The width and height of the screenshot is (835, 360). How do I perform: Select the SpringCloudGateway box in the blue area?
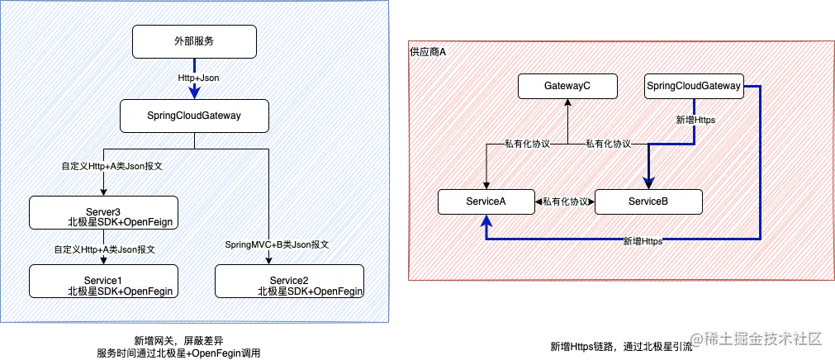(194, 116)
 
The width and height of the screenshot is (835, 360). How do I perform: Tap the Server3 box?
(102, 212)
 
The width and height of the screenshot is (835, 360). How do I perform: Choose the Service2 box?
(289, 281)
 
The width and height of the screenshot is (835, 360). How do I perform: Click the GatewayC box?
(567, 85)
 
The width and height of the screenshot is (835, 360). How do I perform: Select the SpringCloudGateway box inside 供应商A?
(693, 85)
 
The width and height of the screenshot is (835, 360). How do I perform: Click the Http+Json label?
(198, 78)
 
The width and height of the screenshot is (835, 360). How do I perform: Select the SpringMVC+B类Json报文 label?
(278, 245)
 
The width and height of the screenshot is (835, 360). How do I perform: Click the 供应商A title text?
(428, 52)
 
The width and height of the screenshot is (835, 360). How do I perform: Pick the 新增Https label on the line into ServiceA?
(643, 241)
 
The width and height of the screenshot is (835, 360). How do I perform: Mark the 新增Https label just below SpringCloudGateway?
(695, 121)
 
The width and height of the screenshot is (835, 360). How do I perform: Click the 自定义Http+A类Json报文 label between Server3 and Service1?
(105, 249)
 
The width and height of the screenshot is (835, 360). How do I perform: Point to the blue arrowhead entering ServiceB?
(648, 183)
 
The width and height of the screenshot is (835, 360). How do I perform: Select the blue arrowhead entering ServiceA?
(486, 220)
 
